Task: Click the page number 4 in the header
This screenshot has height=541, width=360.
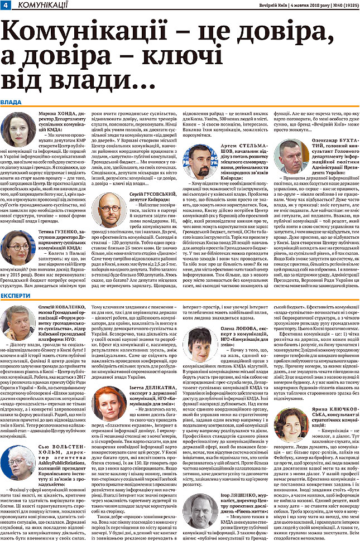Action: [5, 5]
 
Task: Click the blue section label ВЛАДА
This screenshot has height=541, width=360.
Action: [12, 103]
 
